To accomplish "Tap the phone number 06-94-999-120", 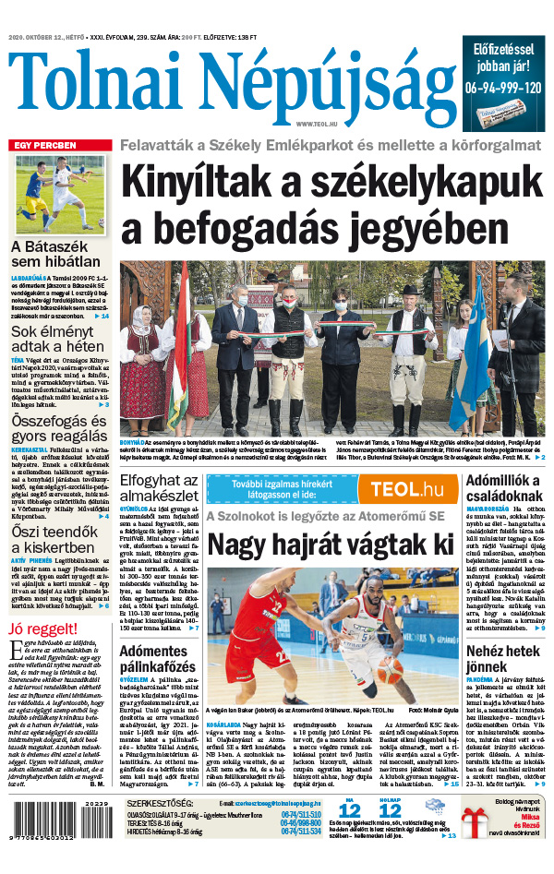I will pyautogui.click(x=504, y=88).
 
